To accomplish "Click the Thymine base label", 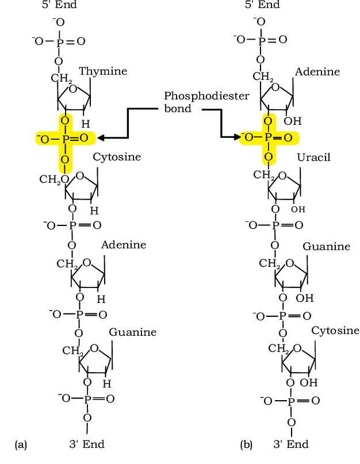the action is coord(103,72).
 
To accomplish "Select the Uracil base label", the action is coord(314,157).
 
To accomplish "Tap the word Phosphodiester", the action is coord(206,96).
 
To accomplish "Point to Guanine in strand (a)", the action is coord(133,332).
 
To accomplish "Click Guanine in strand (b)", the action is coord(326,246).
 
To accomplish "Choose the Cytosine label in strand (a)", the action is coord(117,157).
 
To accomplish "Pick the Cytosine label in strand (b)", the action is coord(335,331).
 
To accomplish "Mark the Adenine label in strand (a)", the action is coord(124,245).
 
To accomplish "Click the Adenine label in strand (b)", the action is coord(317,72).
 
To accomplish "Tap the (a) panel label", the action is coord(21,445).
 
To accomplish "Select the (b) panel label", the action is coord(246,445).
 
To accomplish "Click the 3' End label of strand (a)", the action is coord(87,444).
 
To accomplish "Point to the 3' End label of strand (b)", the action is coord(291,444).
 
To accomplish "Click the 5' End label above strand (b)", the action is coord(262,5).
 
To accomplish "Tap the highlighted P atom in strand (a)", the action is coord(66,139).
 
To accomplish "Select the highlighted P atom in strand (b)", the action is coord(269,137).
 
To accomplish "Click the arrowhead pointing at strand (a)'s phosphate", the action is coord(101,137).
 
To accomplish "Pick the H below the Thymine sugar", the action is coord(86,124).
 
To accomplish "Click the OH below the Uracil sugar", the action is coord(298,209).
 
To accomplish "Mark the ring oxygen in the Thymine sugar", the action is coord(73,89).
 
